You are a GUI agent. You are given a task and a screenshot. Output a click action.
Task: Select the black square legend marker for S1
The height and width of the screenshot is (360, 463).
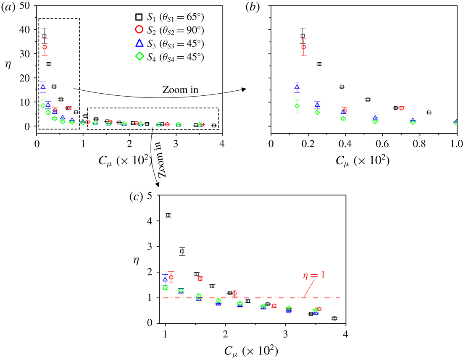137,18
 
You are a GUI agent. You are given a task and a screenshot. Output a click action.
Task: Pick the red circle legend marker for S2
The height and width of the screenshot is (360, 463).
137,31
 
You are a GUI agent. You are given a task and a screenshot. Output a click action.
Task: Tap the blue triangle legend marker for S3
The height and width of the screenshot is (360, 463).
137,43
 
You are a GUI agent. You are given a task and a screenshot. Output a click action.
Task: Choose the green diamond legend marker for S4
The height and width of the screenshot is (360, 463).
137,56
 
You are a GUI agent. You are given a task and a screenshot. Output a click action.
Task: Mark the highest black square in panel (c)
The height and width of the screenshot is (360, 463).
168,215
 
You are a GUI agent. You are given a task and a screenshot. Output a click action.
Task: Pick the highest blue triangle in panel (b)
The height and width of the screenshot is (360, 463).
297,87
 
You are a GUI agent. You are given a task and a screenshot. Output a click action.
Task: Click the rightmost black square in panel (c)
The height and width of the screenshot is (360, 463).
334,318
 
